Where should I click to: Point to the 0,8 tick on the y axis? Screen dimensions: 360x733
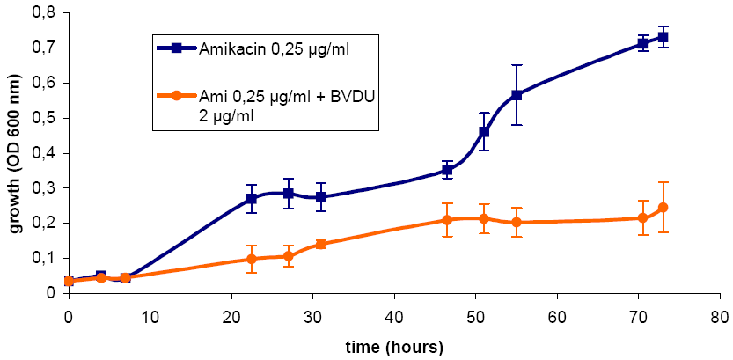pyautogui.click(x=41, y=12)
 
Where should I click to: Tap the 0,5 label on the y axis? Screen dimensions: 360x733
pyautogui.click(x=41, y=118)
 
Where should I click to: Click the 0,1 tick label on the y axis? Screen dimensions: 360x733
pyautogui.click(x=41, y=258)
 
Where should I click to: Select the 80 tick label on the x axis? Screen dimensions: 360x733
pyautogui.click(x=720, y=314)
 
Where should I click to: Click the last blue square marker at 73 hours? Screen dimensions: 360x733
pyautogui.click(x=663, y=37)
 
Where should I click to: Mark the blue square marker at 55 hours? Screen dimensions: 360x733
pyautogui.click(x=517, y=95)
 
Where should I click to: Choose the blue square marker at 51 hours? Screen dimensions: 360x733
pyautogui.click(x=484, y=132)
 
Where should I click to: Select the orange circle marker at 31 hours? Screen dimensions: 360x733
pyautogui.click(x=320, y=244)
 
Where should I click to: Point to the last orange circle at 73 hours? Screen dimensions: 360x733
pyautogui.click(x=663, y=208)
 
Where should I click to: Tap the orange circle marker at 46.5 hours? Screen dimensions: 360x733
pyautogui.click(x=447, y=220)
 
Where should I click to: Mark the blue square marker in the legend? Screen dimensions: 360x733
pyautogui.click(x=177, y=48)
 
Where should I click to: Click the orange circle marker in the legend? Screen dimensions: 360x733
pyautogui.click(x=177, y=95)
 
